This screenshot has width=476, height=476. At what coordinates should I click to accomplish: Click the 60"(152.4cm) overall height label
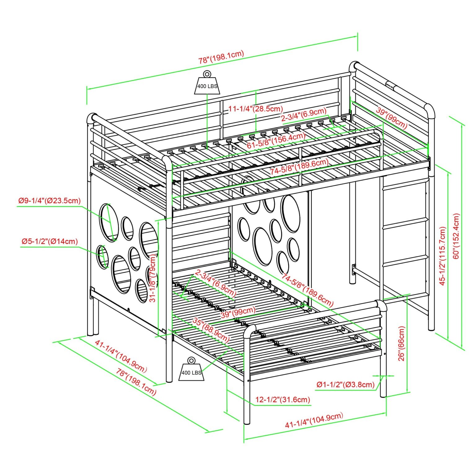(x=456, y=237)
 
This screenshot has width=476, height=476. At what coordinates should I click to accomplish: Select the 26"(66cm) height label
(x=402, y=343)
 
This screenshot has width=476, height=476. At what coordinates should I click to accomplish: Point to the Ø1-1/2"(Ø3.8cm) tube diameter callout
(x=346, y=385)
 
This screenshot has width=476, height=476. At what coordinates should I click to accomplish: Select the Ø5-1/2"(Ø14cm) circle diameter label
(x=50, y=241)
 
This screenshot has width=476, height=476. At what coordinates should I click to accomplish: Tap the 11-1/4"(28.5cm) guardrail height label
(x=256, y=109)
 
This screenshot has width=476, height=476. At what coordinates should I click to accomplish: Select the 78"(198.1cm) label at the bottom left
(x=136, y=381)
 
